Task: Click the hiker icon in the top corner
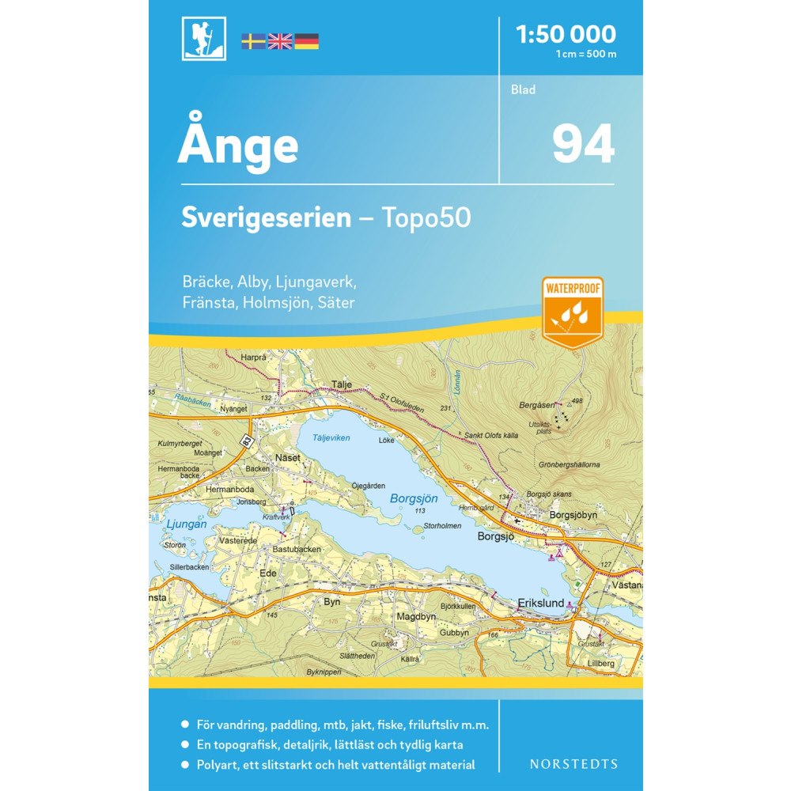click(203, 39)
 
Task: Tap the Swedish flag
click(253, 41)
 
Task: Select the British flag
click(280, 41)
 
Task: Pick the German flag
click(306, 41)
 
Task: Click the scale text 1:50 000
click(565, 34)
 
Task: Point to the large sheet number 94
click(583, 144)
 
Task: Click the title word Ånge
click(238, 146)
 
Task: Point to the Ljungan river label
click(187, 524)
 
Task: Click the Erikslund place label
click(541, 603)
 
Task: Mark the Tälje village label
click(340, 385)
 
